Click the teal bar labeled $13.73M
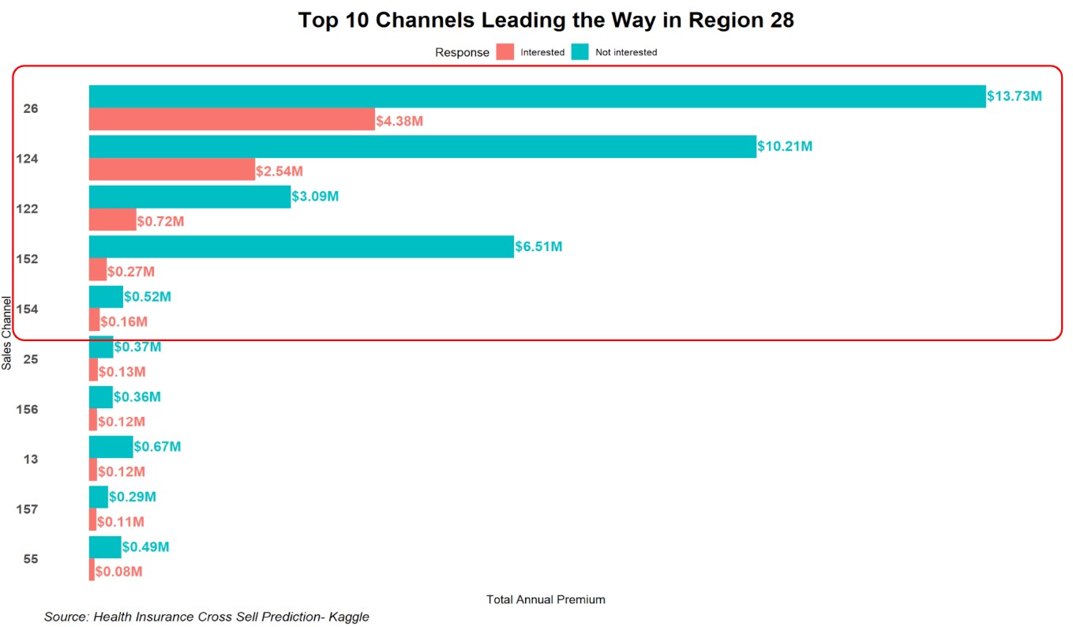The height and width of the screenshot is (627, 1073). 537,96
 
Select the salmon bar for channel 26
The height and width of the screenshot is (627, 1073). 231,120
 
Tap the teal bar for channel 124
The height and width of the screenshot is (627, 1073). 422,146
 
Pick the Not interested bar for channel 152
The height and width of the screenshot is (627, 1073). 301,246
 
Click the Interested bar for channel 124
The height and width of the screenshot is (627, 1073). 172,170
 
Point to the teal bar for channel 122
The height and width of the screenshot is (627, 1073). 189,197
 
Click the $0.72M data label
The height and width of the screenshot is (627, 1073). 161,221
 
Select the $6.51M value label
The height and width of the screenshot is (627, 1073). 538,246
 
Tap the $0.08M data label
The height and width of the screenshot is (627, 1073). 119,571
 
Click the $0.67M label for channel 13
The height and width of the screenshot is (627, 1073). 157,447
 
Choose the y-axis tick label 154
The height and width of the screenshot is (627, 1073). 27,309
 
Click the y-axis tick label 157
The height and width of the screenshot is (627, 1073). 27,509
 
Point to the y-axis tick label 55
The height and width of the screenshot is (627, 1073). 30,559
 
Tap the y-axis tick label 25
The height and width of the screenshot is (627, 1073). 30,359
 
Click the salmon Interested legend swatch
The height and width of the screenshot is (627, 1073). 505,52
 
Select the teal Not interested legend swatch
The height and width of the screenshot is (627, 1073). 580,52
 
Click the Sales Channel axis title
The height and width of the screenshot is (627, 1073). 7,332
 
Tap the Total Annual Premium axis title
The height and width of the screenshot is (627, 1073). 546,599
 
